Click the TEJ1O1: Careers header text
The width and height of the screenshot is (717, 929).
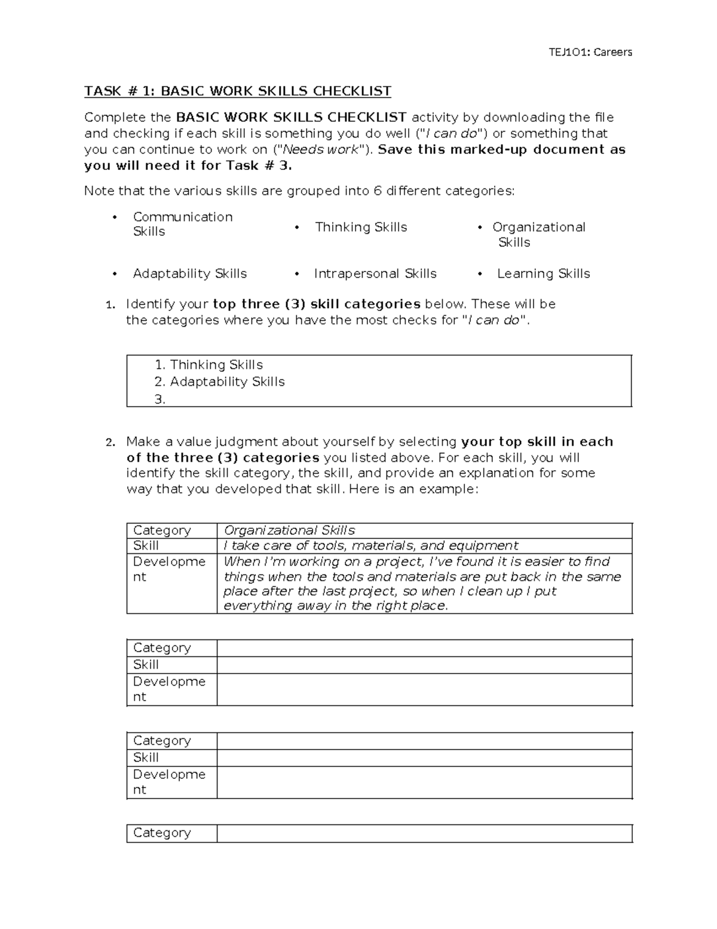point(590,52)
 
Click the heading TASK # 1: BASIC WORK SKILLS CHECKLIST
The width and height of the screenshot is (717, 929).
point(237,91)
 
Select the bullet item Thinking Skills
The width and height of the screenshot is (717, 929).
point(361,227)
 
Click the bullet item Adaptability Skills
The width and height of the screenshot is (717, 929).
point(189,273)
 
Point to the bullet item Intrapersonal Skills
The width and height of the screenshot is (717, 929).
point(375,273)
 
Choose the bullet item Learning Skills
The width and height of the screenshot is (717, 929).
point(543,273)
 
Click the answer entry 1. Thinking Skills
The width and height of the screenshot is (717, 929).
point(209,365)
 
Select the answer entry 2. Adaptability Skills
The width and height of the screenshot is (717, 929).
point(219,382)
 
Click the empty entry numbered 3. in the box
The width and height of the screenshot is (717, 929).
point(160,400)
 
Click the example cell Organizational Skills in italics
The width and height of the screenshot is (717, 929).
point(289,531)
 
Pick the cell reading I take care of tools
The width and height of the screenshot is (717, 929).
point(370,546)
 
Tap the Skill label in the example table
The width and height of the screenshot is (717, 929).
point(146,546)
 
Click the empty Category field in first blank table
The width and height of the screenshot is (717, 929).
point(424,648)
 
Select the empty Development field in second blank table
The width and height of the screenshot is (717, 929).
point(424,782)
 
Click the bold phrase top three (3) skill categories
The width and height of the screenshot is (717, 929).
point(317,304)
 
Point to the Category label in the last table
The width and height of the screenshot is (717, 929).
point(162,833)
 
